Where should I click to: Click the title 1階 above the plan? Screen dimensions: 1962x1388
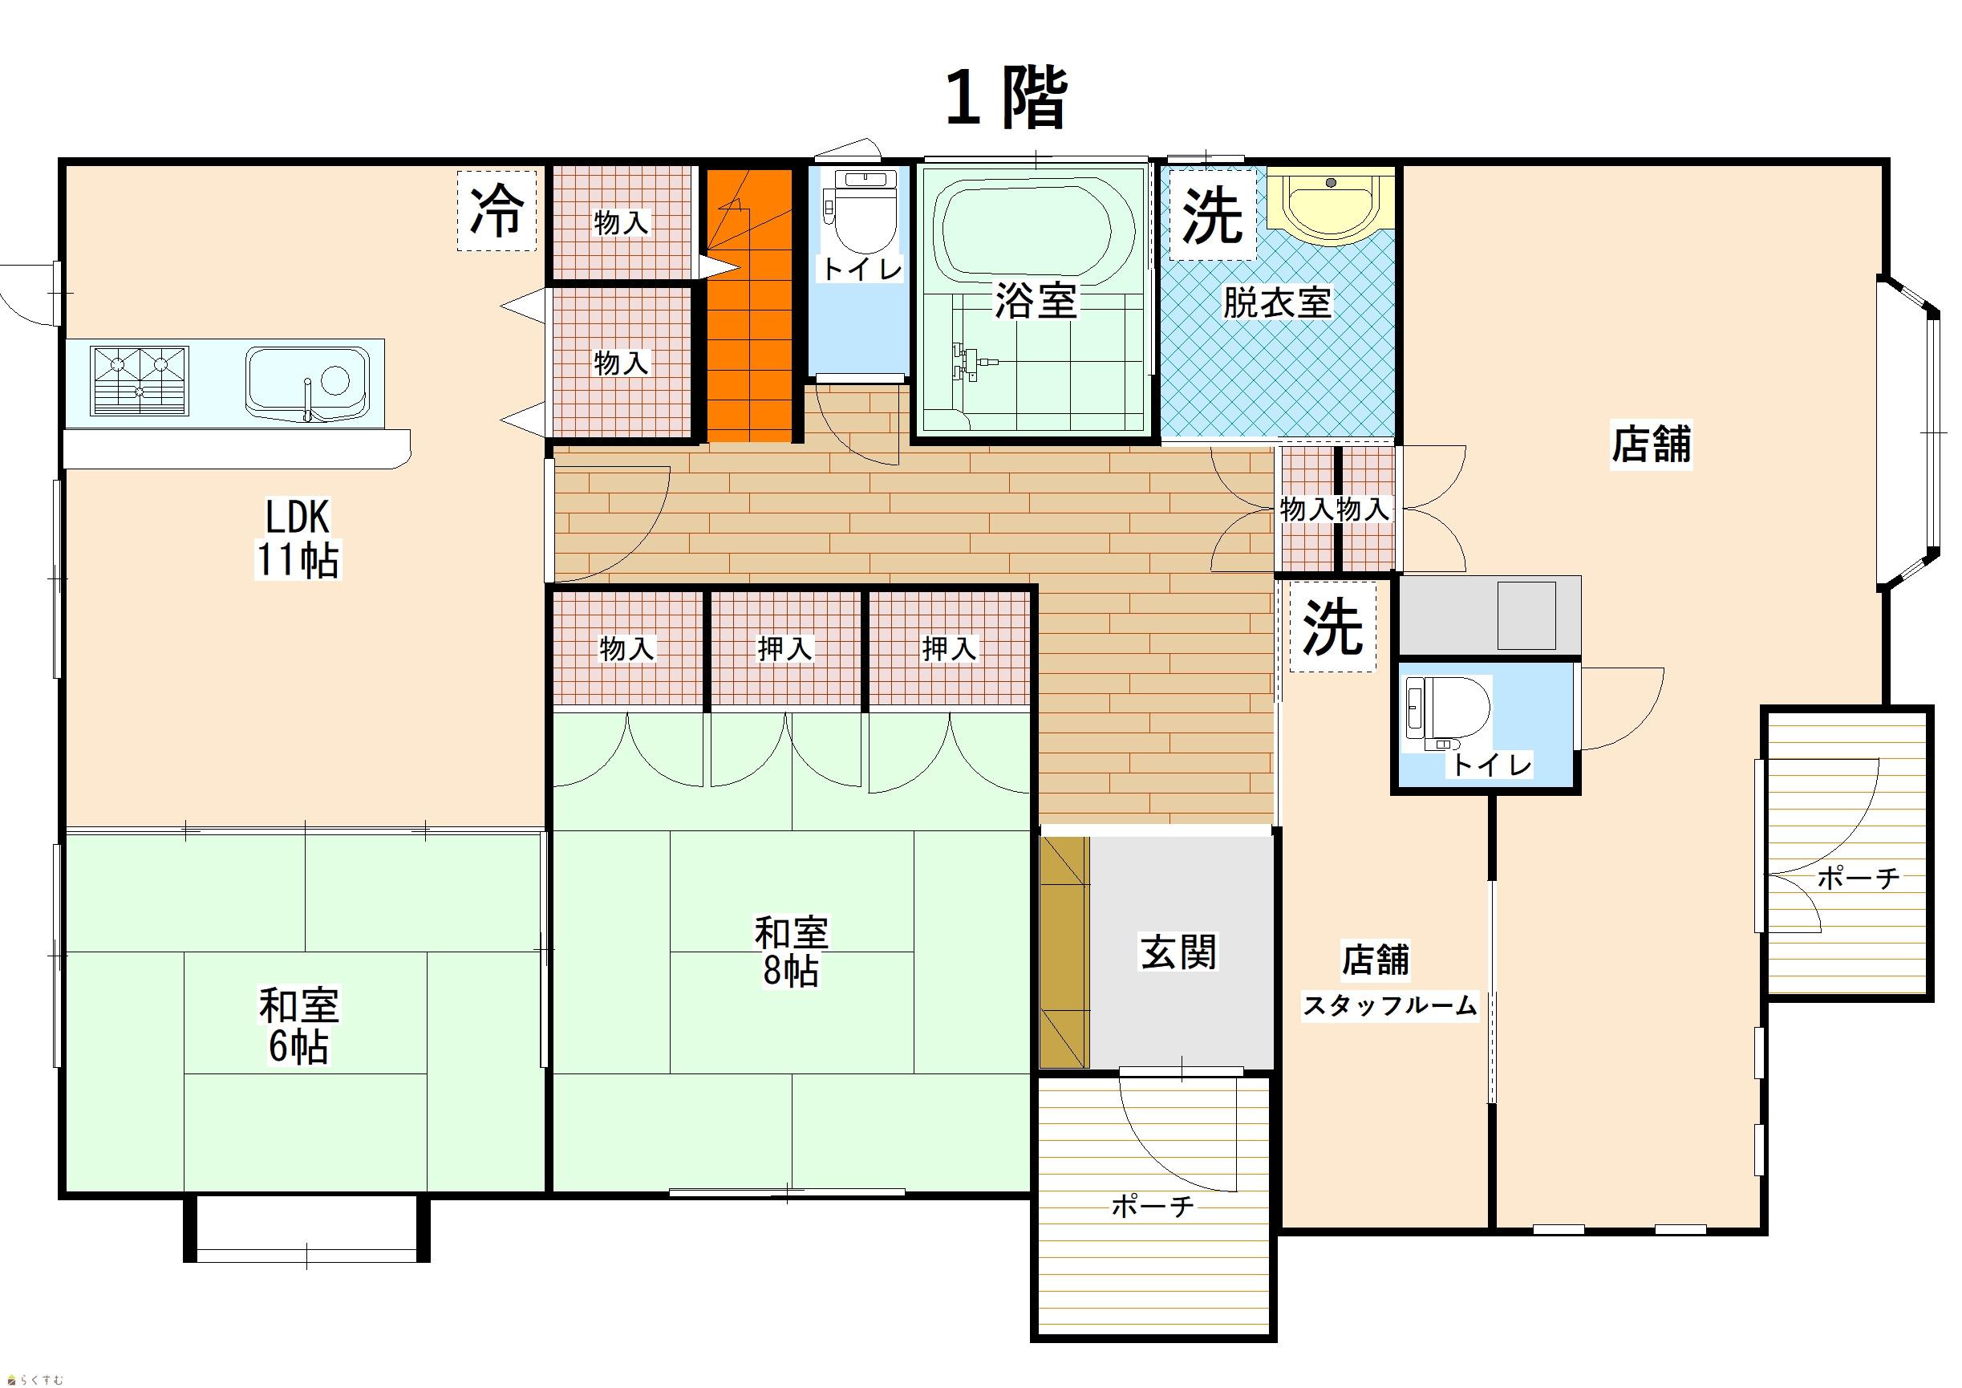tap(1006, 99)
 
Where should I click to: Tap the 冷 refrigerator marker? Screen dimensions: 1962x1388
tap(497, 211)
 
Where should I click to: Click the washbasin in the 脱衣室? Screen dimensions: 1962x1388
tap(1331, 205)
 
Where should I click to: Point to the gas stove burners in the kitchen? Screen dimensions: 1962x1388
tap(140, 380)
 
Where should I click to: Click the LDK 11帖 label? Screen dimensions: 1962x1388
tap(298, 538)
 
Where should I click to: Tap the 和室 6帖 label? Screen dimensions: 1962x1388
tap(299, 1025)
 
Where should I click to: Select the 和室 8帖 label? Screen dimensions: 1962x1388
tap(791, 952)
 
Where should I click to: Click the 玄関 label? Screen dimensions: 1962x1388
tap(1178, 952)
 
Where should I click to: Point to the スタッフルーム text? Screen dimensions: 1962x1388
tap(1389, 1005)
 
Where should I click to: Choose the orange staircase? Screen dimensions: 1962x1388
tap(749, 306)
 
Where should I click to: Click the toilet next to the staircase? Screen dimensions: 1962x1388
tap(859, 209)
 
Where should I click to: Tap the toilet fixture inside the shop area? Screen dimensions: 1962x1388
tap(1448, 714)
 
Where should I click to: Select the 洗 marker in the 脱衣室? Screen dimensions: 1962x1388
tap(1212, 215)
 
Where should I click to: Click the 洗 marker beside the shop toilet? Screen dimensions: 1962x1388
tap(1332, 627)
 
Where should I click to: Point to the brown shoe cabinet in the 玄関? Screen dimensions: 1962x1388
tap(1064, 952)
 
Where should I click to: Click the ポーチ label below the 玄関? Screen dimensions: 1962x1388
tap(1153, 1207)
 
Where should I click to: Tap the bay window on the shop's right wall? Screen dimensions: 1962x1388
tap(1908, 433)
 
